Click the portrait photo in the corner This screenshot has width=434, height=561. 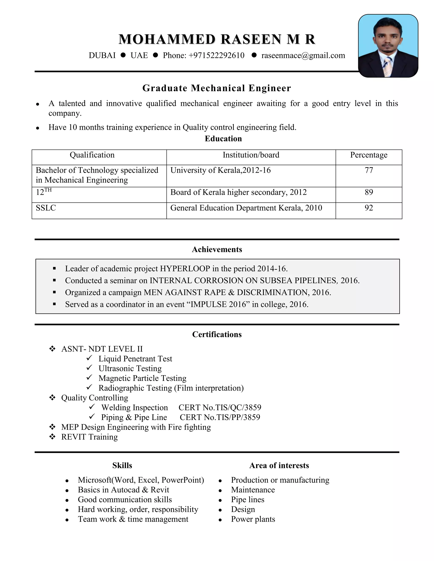[x=388, y=46]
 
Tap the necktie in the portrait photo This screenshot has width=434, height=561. [x=387, y=66]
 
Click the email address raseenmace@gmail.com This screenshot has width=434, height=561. [x=303, y=55]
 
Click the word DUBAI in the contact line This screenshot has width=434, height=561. [x=102, y=55]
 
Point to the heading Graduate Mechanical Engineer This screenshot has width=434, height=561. [x=217, y=88]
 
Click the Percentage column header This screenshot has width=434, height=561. [x=369, y=155]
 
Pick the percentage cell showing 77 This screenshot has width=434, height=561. [x=369, y=170]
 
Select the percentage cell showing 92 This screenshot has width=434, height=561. [x=369, y=208]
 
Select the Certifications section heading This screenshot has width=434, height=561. [x=217, y=334]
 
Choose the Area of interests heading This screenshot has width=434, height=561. [x=279, y=466]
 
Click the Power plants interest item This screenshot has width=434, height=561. [x=253, y=519]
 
